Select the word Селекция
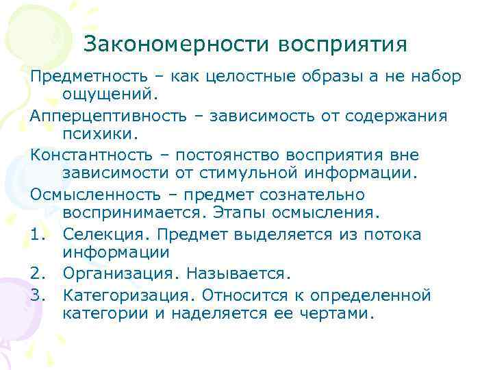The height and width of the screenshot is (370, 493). [105, 235]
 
